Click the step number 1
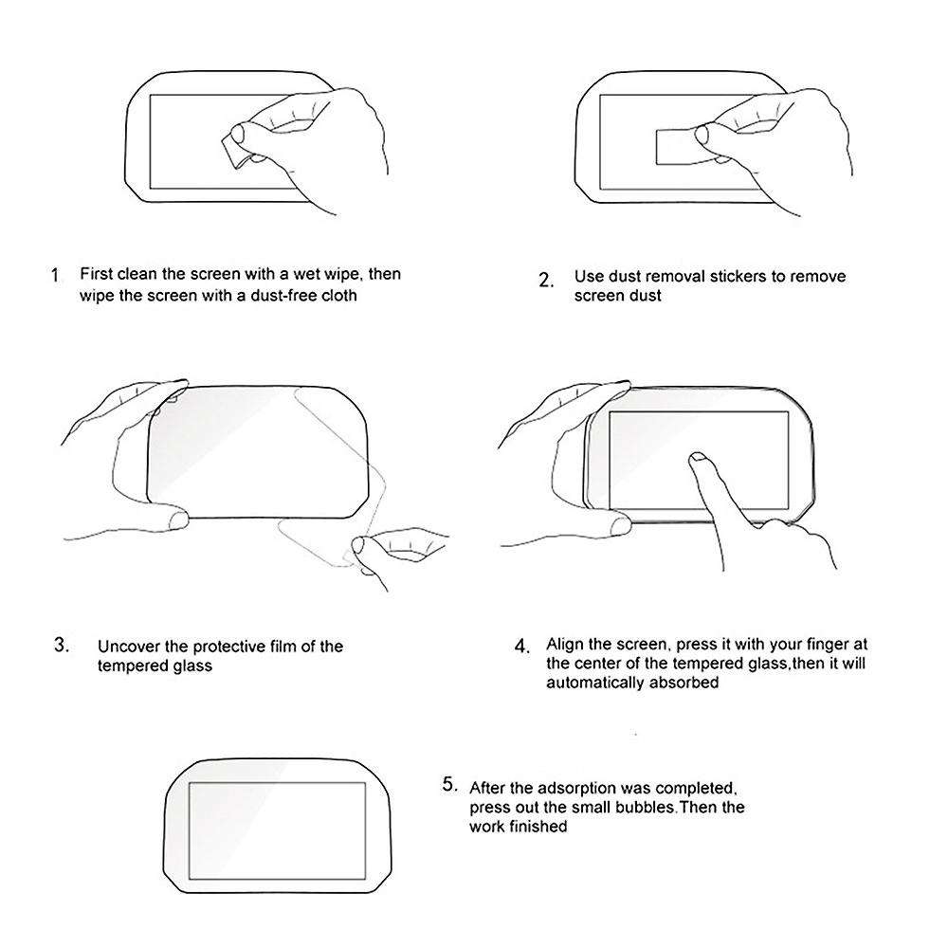(55, 276)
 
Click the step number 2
(545, 280)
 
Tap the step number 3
(62, 646)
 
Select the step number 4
(521, 647)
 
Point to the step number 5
(450, 785)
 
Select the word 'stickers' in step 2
(726, 277)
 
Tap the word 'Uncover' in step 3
(128, 647)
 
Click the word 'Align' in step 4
(566, 645)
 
